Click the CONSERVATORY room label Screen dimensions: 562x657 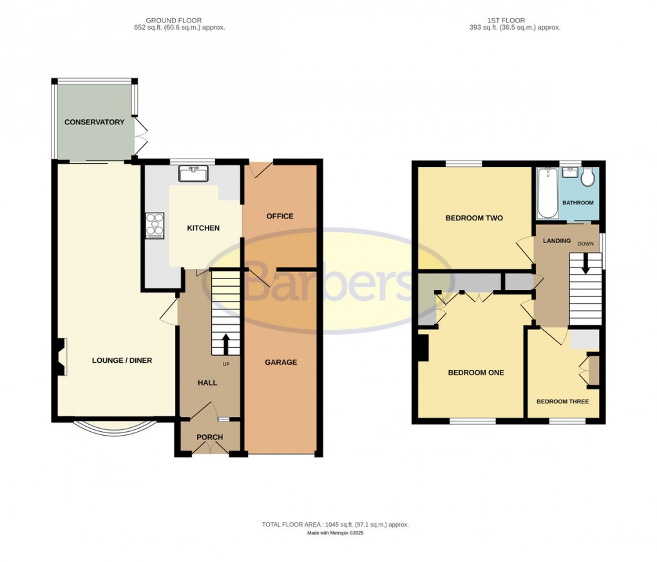(x=94, y=122)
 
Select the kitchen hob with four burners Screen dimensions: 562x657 (x=155, y=225)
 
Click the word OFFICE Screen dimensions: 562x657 (x=280, y=217)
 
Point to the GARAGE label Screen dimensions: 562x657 (x=281, y=362)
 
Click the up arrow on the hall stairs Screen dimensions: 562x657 (x=225, y=343)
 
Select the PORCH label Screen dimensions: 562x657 (x=209, y=438)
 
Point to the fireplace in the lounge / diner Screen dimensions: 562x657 (x=61, y=357)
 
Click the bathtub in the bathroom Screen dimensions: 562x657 (x=547, y=192)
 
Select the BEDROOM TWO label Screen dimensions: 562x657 (x=474, y=218)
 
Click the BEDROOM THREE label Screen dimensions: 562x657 (x=563, y=402)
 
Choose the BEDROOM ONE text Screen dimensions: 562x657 (x=476, y=373)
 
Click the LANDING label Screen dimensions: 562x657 (x=557, y=241)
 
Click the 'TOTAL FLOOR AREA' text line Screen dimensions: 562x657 (x=335, y=525)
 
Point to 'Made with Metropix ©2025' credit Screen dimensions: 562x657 (x=335, y=533)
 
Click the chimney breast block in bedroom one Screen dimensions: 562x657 (x=423, y=348)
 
